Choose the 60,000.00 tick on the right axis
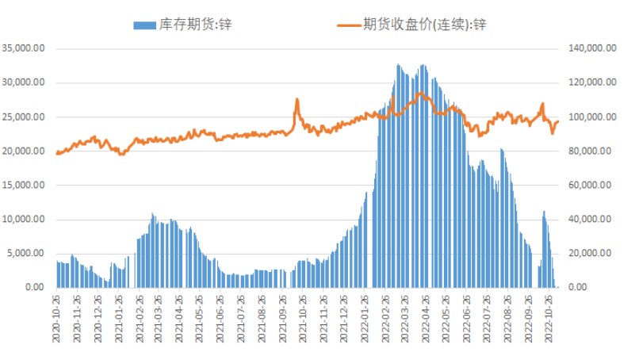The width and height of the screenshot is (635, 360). pos(591,185)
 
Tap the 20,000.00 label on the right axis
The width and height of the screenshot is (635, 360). pos(591,253)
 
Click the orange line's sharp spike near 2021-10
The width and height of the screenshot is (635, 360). pos(297,100)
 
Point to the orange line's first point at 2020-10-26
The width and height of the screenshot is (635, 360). pos(57,153)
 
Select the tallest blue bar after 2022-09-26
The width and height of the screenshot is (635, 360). pos(544,212)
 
